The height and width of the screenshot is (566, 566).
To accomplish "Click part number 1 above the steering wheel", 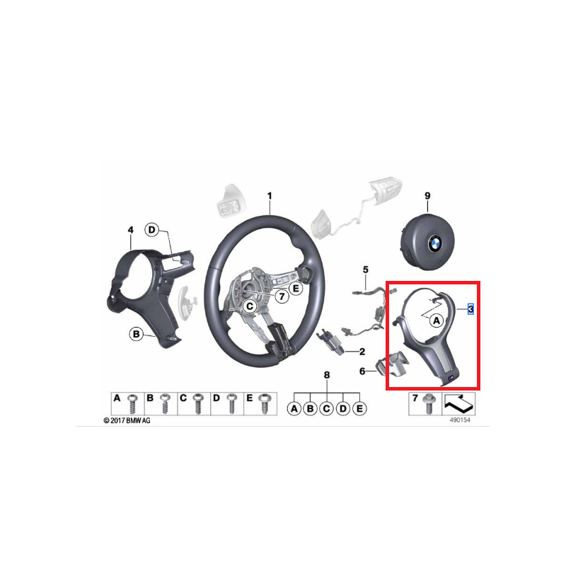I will [269, 195].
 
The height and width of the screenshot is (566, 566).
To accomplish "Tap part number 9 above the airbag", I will [427, 195].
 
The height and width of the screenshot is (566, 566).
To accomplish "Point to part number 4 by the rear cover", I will [130, 230].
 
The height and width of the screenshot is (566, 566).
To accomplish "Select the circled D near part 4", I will [152, 229].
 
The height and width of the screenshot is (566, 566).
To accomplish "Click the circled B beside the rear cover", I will [136, 333].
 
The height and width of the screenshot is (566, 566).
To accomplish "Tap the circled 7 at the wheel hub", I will [281, 296].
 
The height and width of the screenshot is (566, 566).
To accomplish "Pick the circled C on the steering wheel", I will [248, 306].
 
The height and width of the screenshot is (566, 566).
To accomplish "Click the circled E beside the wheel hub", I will [295, 288].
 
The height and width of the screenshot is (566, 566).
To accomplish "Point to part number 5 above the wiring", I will [366, 270].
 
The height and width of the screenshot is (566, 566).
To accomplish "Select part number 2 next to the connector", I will [362, 351].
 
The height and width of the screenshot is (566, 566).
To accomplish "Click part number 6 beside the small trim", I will [362, 370].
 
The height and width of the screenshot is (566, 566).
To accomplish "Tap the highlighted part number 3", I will [470, 309].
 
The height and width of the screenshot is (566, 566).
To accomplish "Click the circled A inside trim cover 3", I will [436, 320].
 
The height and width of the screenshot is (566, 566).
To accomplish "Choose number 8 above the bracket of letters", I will [326, 374].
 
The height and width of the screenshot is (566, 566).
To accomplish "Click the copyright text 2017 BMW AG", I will [127, 420].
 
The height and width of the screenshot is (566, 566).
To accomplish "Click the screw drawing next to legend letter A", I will [132, 404].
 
